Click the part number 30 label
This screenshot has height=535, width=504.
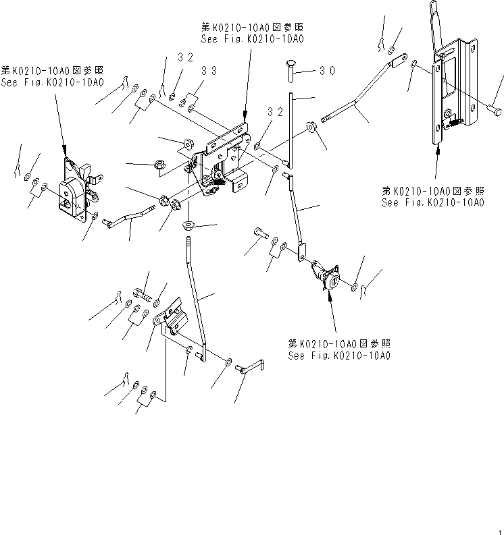[328, 70]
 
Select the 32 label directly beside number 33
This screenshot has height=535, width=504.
[186, 59]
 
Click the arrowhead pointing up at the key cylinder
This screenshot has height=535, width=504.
[330, 300]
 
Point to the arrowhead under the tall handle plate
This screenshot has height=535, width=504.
[438, 151]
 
